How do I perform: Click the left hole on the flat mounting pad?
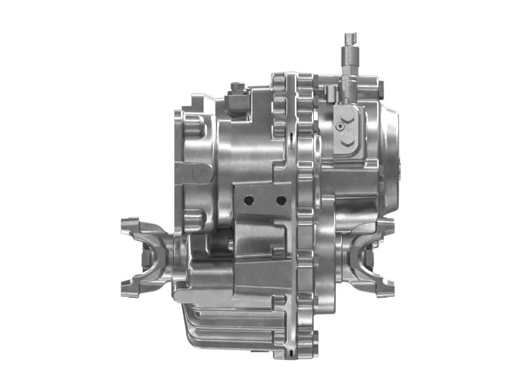tap(247, 199)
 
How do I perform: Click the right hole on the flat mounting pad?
tap(281, 199)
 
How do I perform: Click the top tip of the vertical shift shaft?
tap(350, 33)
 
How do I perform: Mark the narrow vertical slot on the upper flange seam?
tap(288, 137)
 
